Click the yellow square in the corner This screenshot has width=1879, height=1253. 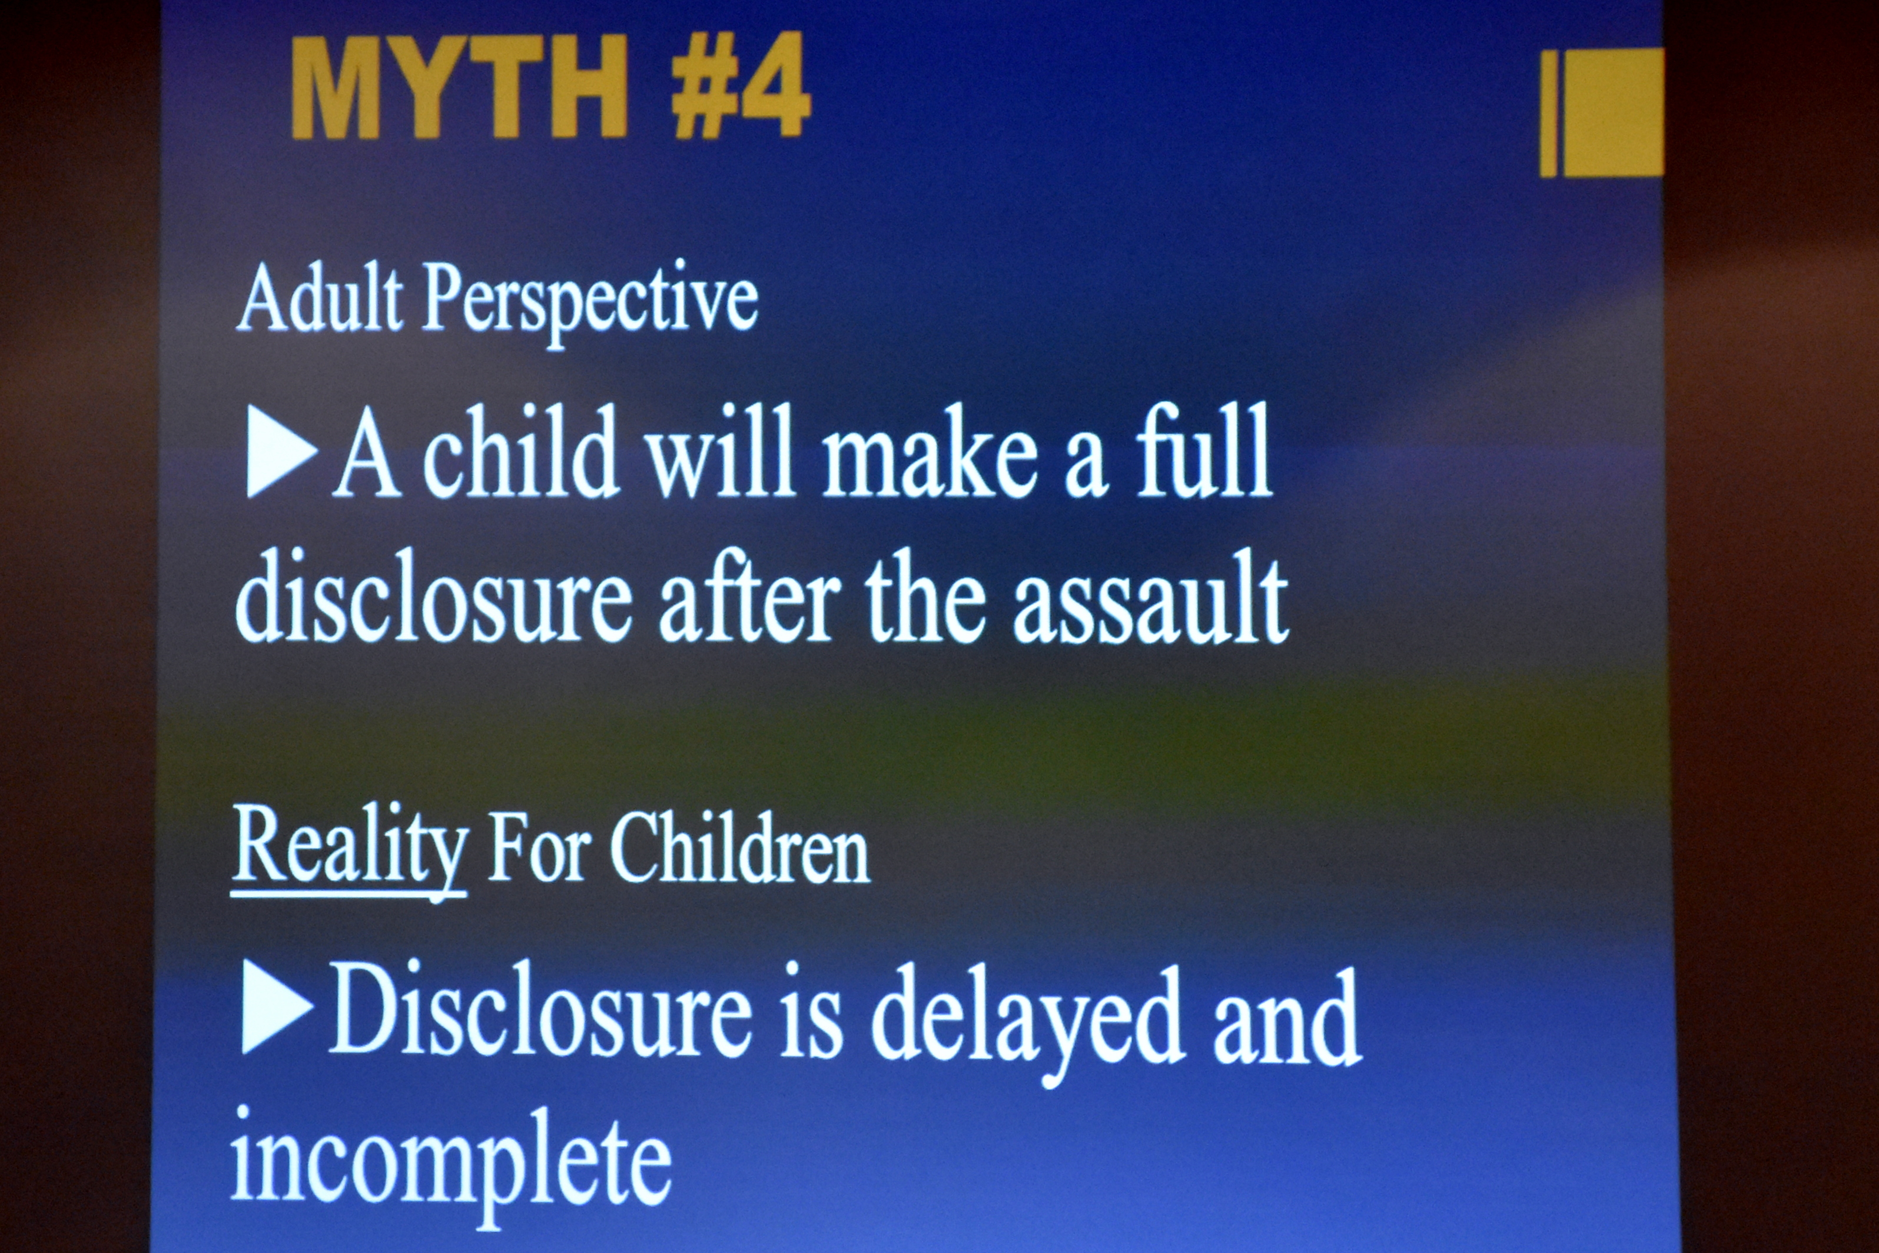tap(1612, 112)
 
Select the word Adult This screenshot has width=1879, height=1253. tap(320, 300)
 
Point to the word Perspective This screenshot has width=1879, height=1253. tap(590, 304)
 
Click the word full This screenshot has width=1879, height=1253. tap(1205, 450)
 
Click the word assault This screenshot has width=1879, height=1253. tap(1151, 599)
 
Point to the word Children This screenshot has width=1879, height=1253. tap(740, 849)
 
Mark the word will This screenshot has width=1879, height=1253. tap(721, 450)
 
